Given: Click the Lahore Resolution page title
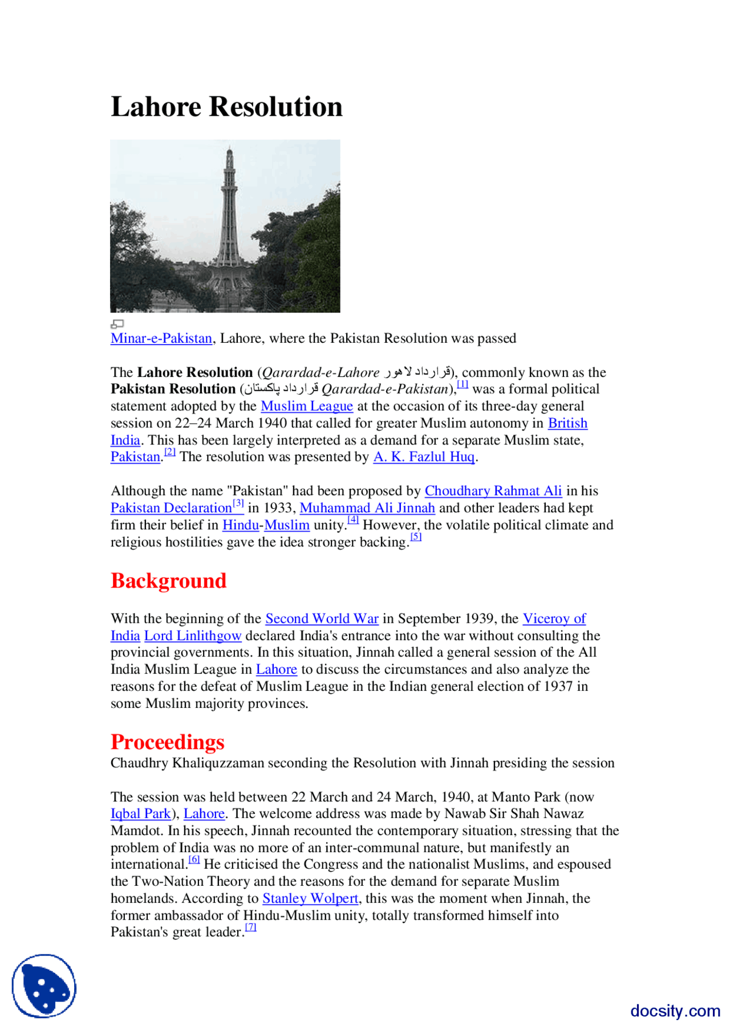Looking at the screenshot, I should pos(226,107).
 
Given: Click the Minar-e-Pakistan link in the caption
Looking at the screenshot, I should pos(161,338).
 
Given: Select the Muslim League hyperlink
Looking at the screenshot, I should pos(307,406).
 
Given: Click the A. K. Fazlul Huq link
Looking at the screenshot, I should pos(424,457).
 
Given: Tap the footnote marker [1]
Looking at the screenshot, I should pos(463,384).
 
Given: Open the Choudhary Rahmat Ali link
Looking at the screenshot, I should pos(493,491).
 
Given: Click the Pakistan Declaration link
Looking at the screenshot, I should pos(171,508).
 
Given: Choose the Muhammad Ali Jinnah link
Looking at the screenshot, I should pos(367,508).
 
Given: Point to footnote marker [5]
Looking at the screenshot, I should pos(416,537).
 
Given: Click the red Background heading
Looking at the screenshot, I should pos(169,581).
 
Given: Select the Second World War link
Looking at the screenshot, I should pos(322,619).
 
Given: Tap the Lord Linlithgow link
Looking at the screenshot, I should pos(193,636).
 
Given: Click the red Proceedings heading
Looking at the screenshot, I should pos(168,742).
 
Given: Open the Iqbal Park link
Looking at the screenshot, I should pos(141,814).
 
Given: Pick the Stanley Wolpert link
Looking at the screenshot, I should pos(310,899).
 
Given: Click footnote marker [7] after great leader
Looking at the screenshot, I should pos(251,927).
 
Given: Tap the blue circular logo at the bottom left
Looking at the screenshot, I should pos(44,986).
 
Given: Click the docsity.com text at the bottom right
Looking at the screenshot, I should pos(675,1011).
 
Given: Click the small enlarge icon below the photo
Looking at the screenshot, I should pos(117,324).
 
